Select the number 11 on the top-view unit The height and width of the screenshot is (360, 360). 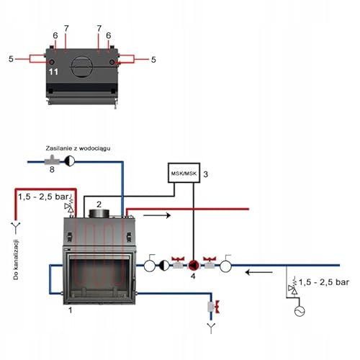point(53,72)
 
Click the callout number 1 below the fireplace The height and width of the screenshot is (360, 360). point(69,310)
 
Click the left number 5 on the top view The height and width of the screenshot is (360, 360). point(12,58)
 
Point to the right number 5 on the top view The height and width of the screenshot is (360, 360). point(152,58)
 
